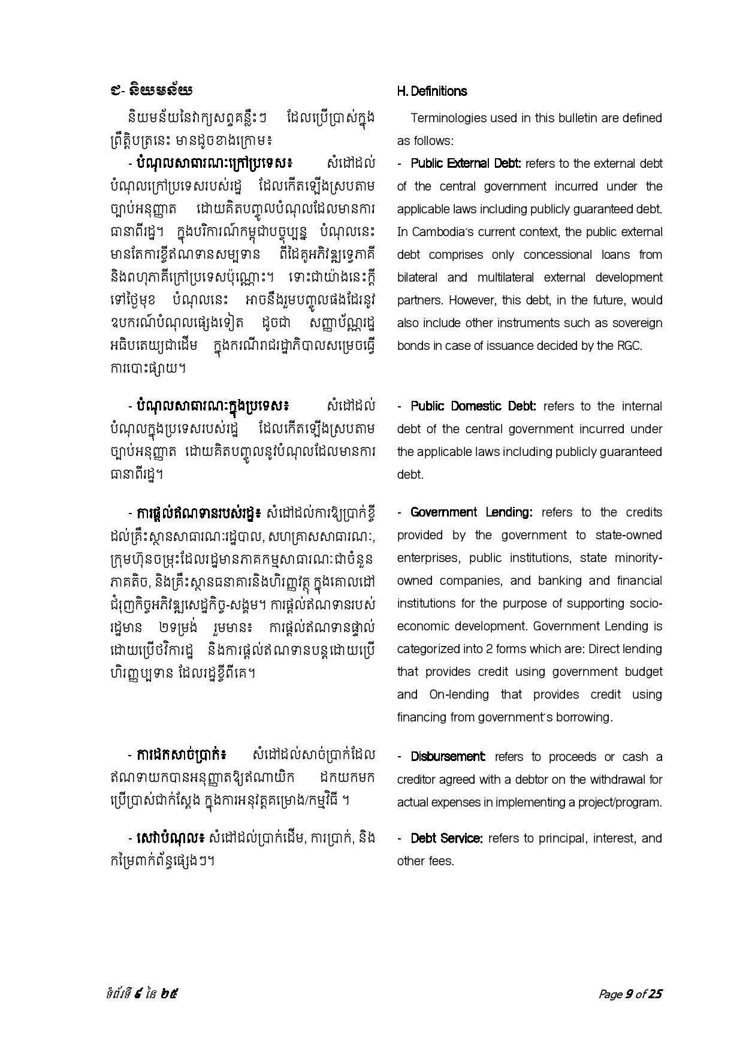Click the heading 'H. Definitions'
click(431, 91)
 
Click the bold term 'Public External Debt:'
click(466, 164)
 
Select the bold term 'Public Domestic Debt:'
click(473, 406)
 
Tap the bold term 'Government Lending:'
click(471, 512)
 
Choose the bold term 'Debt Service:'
click(446, 838)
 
